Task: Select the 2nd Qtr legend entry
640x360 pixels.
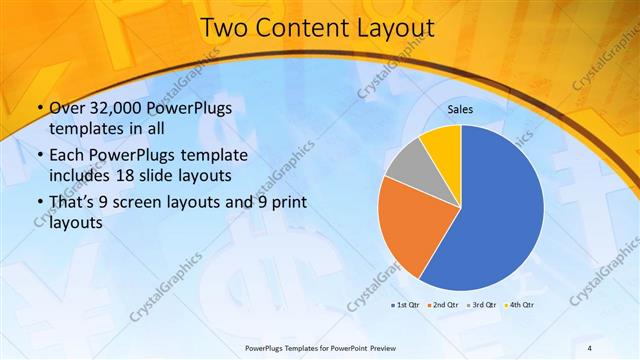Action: [443, 304]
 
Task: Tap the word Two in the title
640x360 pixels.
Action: [225, 30]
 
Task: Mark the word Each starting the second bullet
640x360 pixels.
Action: [66, 157]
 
